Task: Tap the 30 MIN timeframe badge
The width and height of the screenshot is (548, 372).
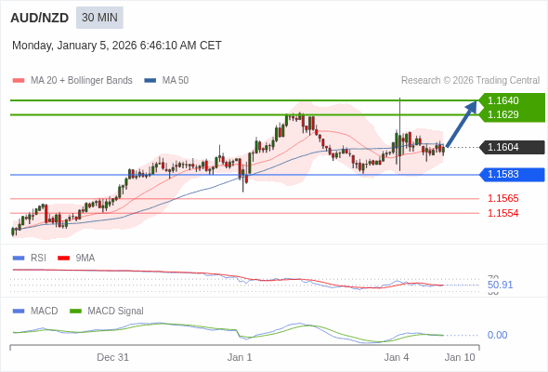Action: click(x=99, y=18)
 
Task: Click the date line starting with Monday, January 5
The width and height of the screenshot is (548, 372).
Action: click(x=117, y=46)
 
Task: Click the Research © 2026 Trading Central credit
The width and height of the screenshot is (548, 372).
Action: click(x=470, y=81)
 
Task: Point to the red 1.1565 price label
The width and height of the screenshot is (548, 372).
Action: click(x=503, y=198)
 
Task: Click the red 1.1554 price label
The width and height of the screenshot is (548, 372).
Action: click(x=503, y=213)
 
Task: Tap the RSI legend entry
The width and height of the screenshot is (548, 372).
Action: click(x=37, y=258)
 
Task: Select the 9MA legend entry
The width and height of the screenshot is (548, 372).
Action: click(x=85, y=258)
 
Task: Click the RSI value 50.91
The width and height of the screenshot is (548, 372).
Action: click(x=500, y=285)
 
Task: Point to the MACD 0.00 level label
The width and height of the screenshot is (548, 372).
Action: click(x=497, y=335)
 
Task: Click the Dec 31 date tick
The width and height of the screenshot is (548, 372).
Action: click(x=112, y=357)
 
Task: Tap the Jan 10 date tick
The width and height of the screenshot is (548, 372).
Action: click(x=460, y=357)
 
